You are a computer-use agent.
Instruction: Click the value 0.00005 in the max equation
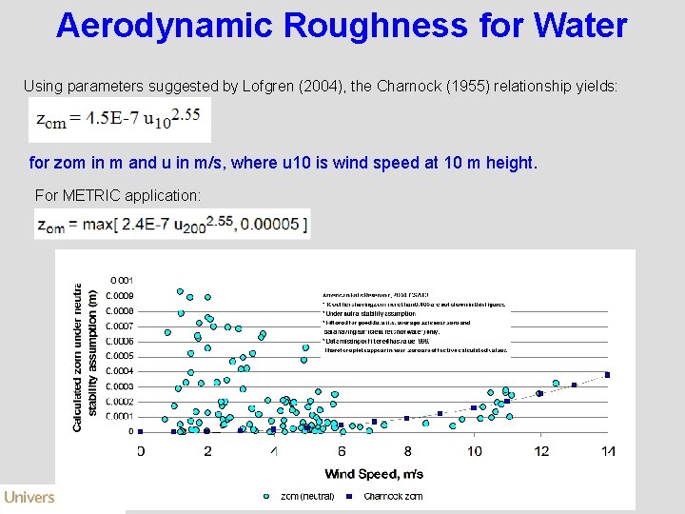[x=274, y=225]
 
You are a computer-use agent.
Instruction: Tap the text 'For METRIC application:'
[x=118, y=195]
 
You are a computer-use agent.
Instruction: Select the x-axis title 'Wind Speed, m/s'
[x=374, y=473]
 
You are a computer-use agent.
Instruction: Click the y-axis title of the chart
[x=86, y=356]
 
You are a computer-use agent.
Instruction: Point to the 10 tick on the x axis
[x=475, y=450]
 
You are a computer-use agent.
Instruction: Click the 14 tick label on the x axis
[x=608, y=450]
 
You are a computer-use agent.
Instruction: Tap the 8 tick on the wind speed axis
[x=407, y=450]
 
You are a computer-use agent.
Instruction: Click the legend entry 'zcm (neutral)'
[x=300, y=496]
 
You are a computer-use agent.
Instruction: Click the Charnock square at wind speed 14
[x=607, y=375]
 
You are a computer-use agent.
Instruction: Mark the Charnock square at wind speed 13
[x=575, y=385]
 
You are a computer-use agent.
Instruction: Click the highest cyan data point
[x=180, y=291]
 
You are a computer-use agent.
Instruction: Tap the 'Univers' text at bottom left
[x=29, y=497]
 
